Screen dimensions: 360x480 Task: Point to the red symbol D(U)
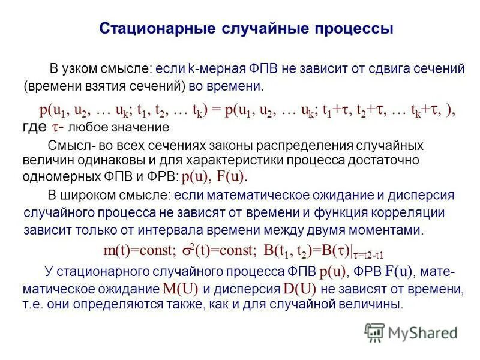[x=300, y=288]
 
